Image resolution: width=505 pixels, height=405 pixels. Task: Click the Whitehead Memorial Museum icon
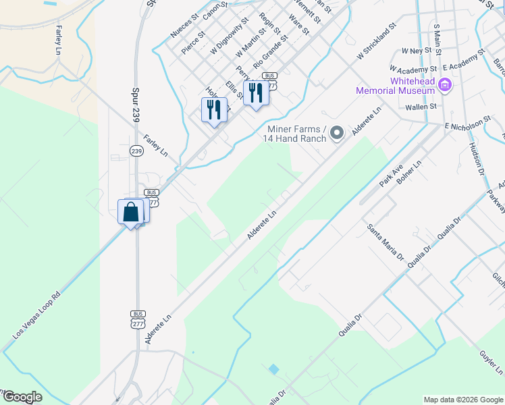click(x=445, y=85)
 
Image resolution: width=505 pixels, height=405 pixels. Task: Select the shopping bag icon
click(x=131, y=211)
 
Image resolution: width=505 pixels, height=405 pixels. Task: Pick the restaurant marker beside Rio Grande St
click(x=256, y=92)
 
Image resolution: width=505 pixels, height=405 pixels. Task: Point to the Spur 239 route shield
click(x=137, y=151)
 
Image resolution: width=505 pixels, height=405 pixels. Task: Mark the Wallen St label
click(x=422, y=107)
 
